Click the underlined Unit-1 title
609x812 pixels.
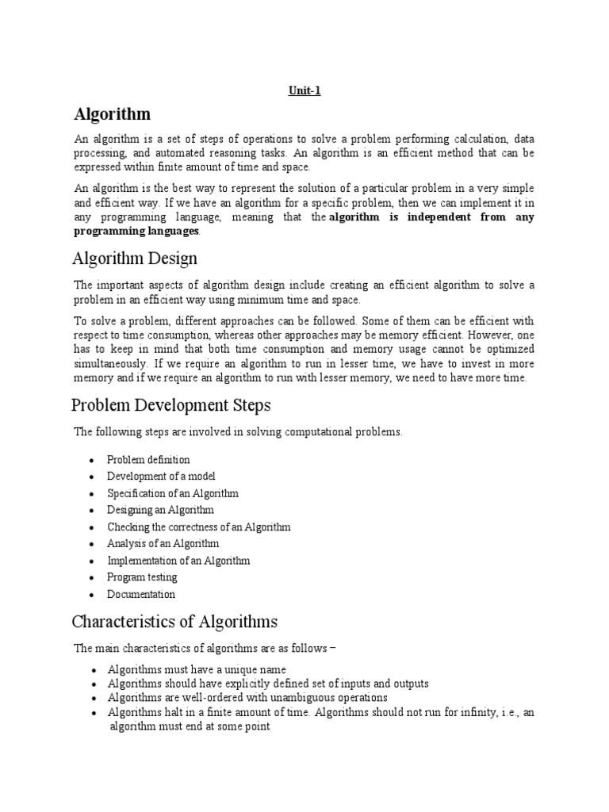click(304, 91)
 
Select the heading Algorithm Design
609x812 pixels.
click(135, 259)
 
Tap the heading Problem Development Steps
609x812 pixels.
click(171, 405)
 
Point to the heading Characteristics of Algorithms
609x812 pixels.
click(174, 621)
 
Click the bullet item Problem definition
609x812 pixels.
click(148, 460)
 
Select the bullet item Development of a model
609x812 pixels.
click(161, 477)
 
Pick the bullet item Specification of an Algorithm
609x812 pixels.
click(173, 493)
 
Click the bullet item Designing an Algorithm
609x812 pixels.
click(161, 510)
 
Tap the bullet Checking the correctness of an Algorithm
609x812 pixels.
click(199, 527)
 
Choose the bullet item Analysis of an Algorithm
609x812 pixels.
click(163, 544)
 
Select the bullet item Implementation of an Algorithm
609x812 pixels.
click(178, 561)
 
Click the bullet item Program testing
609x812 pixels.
click(143, 577)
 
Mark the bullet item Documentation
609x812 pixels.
click(141, 594)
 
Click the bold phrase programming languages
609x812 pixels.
click(136, 231)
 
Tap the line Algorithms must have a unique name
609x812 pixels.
click(197, 669)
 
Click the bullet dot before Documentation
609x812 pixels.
click(93, 595)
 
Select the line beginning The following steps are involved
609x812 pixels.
click(238, 432)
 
